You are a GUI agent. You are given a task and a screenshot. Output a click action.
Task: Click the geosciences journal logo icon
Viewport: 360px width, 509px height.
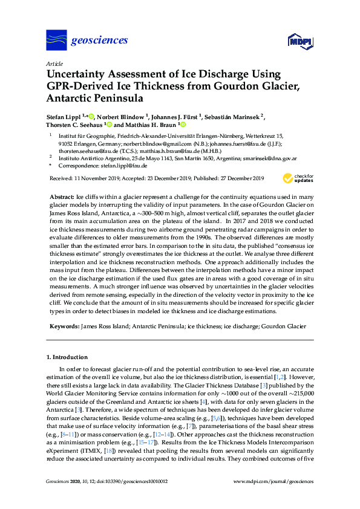(56, 41)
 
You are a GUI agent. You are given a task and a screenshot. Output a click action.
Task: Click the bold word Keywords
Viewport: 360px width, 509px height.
(64, 326)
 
